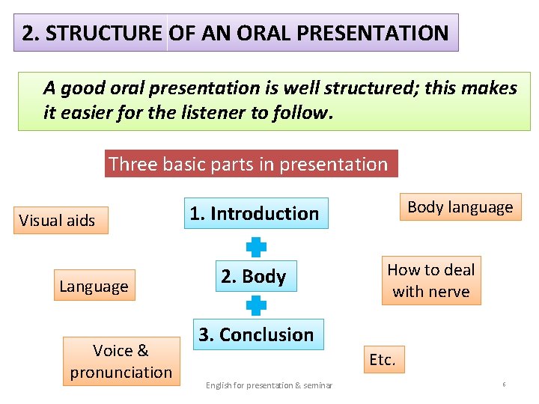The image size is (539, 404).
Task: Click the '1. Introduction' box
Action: [254, 214]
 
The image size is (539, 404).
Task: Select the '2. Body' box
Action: [253, 277]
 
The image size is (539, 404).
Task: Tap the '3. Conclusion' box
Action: [256, 334]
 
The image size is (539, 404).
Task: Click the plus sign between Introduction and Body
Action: [256, 247]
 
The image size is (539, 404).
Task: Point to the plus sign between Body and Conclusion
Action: [256, 305]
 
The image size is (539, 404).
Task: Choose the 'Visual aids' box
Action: [58, 221]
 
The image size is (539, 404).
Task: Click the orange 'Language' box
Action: [94, 286]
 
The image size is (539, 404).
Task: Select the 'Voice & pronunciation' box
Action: [121, 361]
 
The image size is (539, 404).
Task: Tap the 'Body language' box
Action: [460, 207]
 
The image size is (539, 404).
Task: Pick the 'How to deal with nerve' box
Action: [431, 281]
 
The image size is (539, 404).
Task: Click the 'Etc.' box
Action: [382, 360]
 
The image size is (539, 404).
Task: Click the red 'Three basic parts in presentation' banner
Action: [249, 164]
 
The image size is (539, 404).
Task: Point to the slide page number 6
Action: [504, 385]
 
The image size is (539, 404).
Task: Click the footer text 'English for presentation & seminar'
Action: [269, 385]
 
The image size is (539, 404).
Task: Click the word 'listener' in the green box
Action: [214, 113]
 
